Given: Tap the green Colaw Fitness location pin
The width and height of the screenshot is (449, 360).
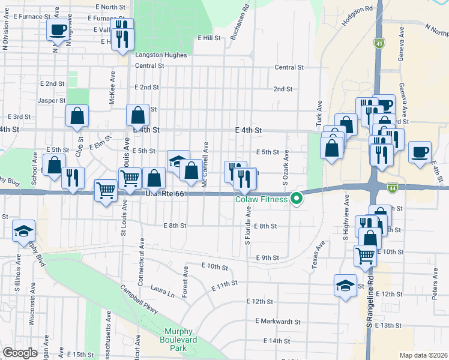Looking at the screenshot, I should (296, 199).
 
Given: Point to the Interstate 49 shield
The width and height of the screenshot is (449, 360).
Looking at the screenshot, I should (379, 43).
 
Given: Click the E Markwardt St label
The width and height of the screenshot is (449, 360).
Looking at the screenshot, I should (277, 322).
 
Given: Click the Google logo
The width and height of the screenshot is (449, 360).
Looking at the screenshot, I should (20, 353).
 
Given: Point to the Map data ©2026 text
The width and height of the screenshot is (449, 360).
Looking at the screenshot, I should (423, 355).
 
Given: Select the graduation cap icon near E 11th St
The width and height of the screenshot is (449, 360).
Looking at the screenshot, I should (346, 284).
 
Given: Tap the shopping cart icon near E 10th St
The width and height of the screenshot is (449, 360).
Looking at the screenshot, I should (365, 256).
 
